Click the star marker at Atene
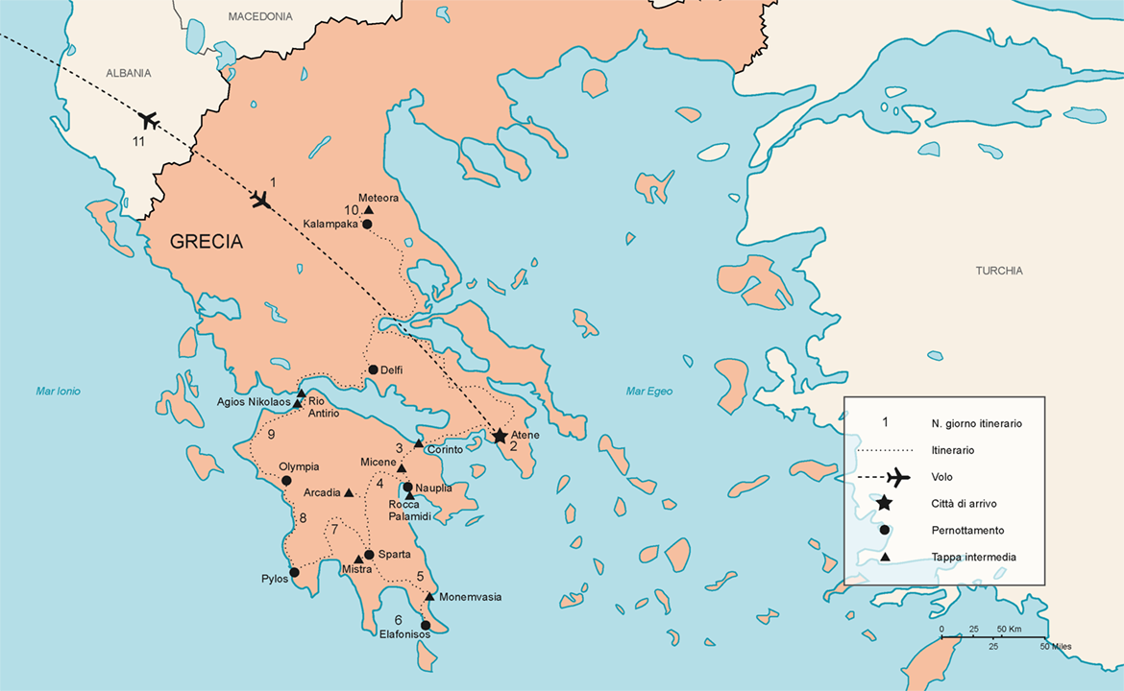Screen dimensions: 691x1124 [500, 436]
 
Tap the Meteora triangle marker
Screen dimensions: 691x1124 [368, 210]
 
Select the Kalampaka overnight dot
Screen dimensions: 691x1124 [367, 225]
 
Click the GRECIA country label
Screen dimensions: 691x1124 [207, 243]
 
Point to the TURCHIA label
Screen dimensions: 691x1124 [999, 271]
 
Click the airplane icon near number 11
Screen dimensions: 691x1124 [148, 120]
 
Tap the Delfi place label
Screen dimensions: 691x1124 [392, 369]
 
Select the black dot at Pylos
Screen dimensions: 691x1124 [294, 572]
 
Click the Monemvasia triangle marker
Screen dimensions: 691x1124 [429, 597]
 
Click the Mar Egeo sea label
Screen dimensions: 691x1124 [649, 391]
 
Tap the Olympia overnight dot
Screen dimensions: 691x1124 [286, 481]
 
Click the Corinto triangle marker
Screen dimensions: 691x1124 [418, 443]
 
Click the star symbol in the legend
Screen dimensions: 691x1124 [885, 503]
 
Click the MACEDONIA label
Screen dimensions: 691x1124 [260, 16]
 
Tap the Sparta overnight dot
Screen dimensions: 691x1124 [369, 555]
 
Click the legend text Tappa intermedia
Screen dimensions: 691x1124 [973, 557]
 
